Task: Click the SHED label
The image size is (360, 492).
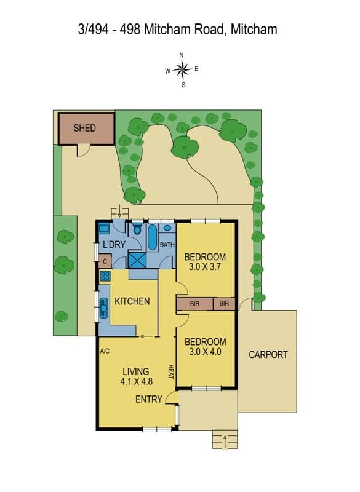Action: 85,128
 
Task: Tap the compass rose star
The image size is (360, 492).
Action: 182,69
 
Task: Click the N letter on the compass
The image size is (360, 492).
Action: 182,55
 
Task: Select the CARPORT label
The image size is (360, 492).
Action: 268,355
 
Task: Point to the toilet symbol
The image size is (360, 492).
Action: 137,228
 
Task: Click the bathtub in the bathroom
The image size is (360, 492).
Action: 152,237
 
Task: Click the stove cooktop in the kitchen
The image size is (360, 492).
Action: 105,276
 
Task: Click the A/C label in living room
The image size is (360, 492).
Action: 105,351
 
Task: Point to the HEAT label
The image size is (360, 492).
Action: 171,371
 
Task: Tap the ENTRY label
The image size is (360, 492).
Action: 149,399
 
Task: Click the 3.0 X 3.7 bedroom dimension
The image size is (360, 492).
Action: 205,267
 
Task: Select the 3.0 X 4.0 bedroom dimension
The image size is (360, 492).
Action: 206,352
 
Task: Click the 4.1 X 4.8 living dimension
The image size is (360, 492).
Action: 136,381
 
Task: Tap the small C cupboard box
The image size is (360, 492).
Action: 105,261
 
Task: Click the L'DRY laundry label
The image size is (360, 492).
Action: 114,244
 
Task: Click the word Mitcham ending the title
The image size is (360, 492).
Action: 254,30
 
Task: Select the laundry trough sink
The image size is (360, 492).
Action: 104,228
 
